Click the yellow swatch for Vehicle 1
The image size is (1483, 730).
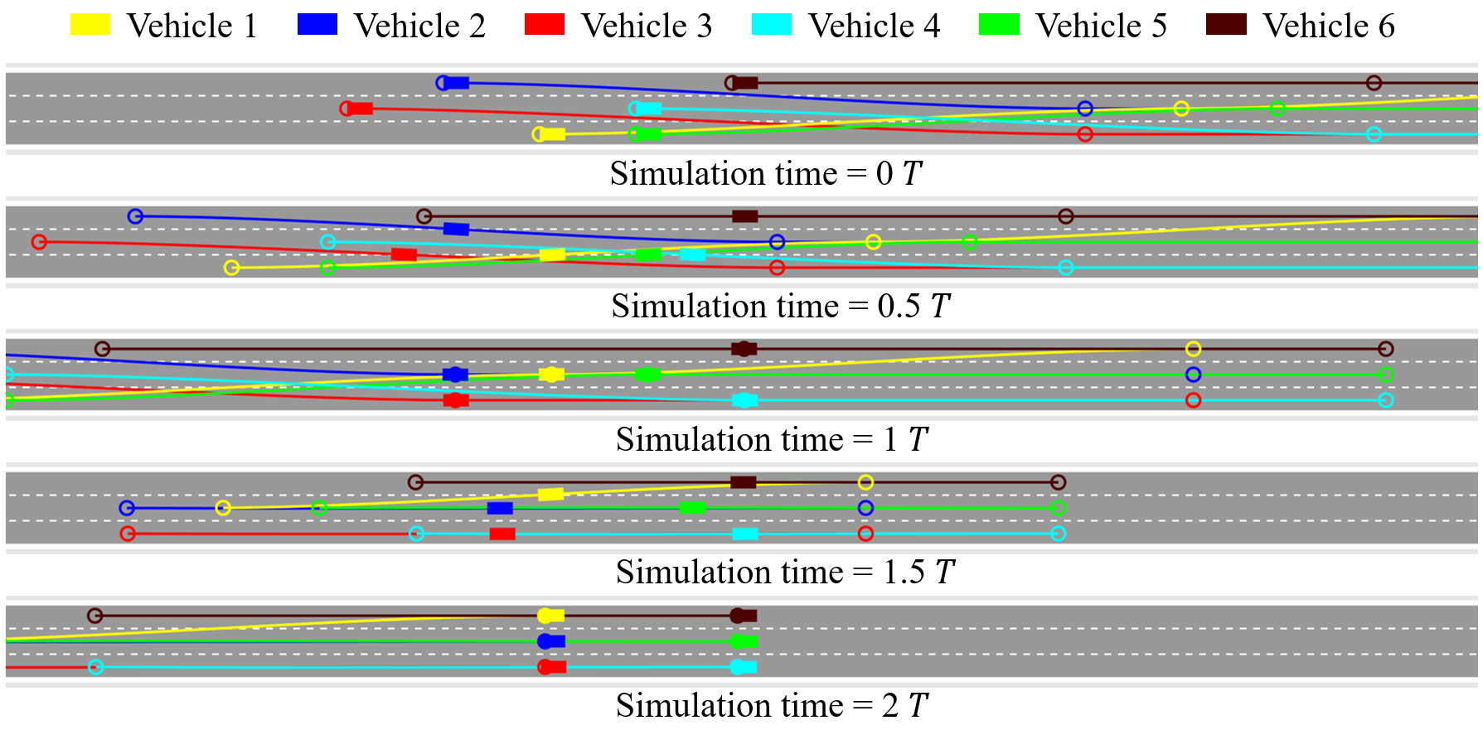coord(90,24)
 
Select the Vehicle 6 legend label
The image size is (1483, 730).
coord(1328,26)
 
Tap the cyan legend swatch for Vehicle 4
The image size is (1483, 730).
coord(772,24)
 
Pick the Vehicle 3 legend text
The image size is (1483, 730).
coord(647,26)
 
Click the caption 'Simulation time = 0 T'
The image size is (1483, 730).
coord(766,174)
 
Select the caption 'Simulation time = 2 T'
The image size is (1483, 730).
coord(772,706)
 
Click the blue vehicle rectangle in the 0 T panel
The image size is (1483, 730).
coord(456,83)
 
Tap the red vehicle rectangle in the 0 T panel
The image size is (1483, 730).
coord(360,109)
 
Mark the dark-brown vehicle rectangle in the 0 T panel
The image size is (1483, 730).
coord(745,83)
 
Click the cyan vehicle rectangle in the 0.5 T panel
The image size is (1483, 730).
coord(693,254)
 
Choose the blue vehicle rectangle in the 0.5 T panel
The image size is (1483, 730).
coord(456,229)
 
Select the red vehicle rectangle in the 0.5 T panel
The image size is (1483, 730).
coord(404,254)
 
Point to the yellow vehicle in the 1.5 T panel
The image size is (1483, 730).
coord(550,495)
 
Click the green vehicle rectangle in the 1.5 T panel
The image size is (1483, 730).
coord(692,508)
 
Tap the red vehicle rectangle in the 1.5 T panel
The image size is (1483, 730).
coord(502,534)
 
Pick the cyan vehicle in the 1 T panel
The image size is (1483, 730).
coord(744,401)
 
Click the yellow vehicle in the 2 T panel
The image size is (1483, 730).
coord(550,616)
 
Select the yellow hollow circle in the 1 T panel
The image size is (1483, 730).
coord(1193,349)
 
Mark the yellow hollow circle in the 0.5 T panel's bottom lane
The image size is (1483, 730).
coord(232,268)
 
